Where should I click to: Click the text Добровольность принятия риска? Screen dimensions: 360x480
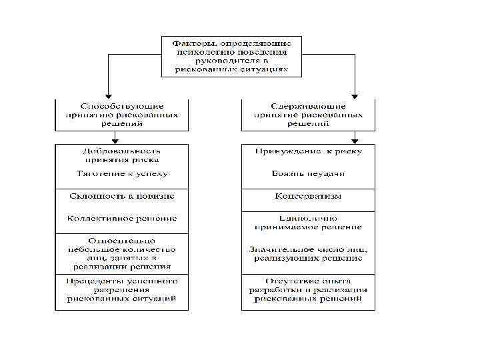click(122, 155)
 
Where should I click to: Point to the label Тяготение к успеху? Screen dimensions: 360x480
click(122, 173)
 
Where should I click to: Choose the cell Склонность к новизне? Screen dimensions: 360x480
click(122, 197)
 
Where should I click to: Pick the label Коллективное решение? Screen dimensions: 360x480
click(122, 218)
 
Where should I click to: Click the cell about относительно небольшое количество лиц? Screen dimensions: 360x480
click(122, 253)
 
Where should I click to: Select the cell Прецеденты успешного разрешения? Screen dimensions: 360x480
click(122, 291)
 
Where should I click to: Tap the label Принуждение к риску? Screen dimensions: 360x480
click(308, 151)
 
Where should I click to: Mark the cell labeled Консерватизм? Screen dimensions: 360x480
click(308, 197)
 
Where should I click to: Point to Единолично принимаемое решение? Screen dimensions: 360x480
click(308, 222)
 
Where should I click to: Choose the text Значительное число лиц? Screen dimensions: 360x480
click(308, 253)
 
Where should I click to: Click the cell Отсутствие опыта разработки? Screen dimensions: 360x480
click(308, 291)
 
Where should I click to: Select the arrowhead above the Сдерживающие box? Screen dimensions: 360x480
click(355, 94)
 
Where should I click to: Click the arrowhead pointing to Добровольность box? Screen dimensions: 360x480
click(115, 140)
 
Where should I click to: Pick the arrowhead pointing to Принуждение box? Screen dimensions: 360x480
click(355, 140)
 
